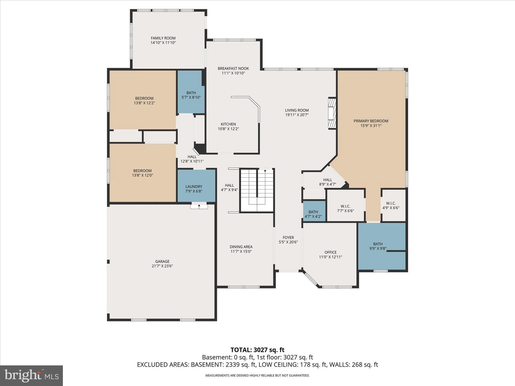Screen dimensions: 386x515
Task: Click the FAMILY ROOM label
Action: [163, 38]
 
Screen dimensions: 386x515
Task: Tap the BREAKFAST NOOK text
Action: [233, 69]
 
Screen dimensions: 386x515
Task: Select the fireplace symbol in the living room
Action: [332, 114]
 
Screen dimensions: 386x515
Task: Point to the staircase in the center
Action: [257, 190]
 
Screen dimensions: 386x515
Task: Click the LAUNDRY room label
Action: [194, 186]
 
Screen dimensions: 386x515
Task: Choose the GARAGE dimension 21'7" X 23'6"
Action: [162, 266]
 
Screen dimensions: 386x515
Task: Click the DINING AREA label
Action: [241, 247]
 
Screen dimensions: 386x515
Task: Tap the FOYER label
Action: [288, 237]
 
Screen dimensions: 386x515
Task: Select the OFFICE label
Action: [330, 252]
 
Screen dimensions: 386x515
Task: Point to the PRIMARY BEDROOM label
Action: [371, 121]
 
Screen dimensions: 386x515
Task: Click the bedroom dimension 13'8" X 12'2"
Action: [144, 103]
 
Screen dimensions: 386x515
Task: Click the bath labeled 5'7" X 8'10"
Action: [191, 95]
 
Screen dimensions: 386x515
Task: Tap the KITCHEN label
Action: [228, 124]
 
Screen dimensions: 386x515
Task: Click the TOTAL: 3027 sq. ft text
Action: [257, 350]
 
